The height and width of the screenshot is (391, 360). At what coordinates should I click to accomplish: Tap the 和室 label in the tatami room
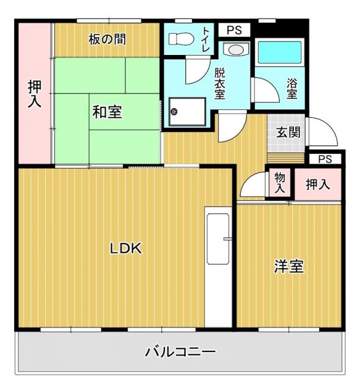click(106, 112)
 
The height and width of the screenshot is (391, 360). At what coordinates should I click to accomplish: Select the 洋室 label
click(288, 266)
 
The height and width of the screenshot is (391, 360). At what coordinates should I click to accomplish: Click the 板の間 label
click(107, 40)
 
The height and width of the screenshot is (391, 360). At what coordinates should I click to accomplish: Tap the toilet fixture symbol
click(180, 38)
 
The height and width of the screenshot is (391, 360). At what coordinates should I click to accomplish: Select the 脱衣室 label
click(219, 82)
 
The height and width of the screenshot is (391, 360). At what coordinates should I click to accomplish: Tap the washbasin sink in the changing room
click(234, 50)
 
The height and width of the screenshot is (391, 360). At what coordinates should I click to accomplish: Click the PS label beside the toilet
click(233, 30)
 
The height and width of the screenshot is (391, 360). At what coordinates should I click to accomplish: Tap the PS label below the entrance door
click(325, 159)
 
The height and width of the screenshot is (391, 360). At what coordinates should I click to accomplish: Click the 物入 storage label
click(280, 183)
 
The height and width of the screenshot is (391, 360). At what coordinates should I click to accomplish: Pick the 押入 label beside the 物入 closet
click(317, 183)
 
